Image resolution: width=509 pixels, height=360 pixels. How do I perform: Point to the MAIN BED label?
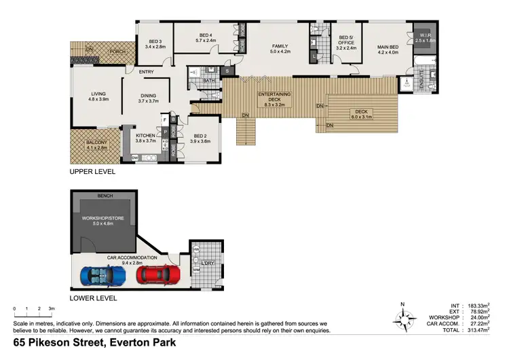(x=391, y=47)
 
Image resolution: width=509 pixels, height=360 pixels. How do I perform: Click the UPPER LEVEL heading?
(x=93, y=173)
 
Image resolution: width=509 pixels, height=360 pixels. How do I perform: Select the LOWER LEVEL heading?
(x=94, y=298)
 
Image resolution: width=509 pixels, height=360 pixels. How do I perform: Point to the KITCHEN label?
(x=146, y=135)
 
